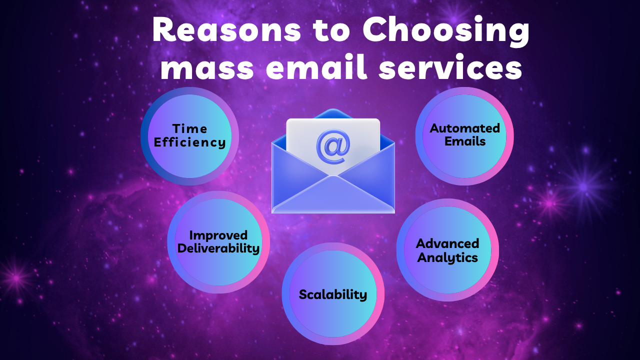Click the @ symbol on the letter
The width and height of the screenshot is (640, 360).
click(x=333, y=146)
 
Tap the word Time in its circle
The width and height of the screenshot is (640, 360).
click(x=189, y=129)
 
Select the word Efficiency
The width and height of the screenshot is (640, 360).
click(x=189, y=142)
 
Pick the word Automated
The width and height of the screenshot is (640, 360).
click(x=465, y=128)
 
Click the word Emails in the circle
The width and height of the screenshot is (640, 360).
click(x=465, y=141)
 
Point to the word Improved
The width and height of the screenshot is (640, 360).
click(x=218, y=235)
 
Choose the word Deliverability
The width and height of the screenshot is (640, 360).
click(x=218, y=248)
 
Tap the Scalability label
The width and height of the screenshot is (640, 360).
click(x=333, y=294)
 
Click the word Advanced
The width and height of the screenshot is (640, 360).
click(x=447, y=244)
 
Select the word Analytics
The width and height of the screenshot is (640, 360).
click(x=447, y=258)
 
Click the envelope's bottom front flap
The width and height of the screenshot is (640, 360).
click(x=333, y=197)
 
